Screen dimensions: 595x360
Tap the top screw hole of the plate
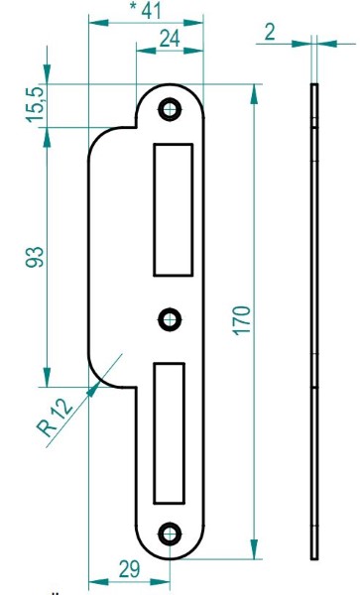coord(172,107)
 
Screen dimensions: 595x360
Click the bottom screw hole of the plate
coord(172,532)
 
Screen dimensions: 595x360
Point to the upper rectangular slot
coord(172,209)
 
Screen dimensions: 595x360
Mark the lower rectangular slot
coord(170,430)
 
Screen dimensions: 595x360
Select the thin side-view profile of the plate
coord(314,317)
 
